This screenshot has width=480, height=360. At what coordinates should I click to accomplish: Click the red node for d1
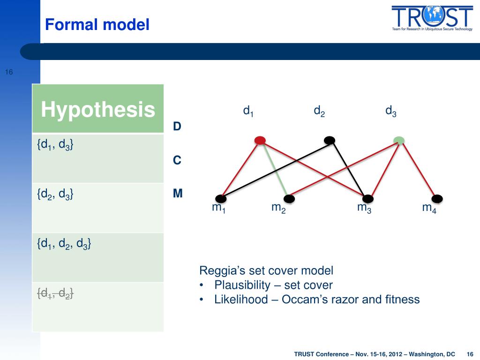260,141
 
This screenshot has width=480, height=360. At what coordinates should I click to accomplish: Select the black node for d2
330,141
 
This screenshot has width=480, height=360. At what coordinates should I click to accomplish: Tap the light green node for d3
399,141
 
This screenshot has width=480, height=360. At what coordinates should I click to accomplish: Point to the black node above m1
221,199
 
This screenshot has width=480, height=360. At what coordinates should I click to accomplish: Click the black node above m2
289,199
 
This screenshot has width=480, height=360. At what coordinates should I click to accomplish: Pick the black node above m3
367,199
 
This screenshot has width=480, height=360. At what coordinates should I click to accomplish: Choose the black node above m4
437,199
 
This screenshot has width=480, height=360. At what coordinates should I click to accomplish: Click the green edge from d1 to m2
275,170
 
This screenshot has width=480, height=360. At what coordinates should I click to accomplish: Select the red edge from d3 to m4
418,170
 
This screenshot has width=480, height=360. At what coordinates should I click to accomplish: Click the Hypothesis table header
98,109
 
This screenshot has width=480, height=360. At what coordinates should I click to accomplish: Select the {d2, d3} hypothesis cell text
55,194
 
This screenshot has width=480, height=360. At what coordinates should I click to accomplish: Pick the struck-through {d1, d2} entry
55,293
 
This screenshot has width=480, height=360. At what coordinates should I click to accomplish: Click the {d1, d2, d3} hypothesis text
64,244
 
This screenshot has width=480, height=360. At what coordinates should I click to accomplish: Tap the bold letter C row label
177,160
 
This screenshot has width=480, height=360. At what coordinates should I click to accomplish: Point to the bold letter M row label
178,194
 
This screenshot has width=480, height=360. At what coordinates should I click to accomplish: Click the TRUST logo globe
434,16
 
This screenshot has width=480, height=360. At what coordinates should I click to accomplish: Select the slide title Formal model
97,24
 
